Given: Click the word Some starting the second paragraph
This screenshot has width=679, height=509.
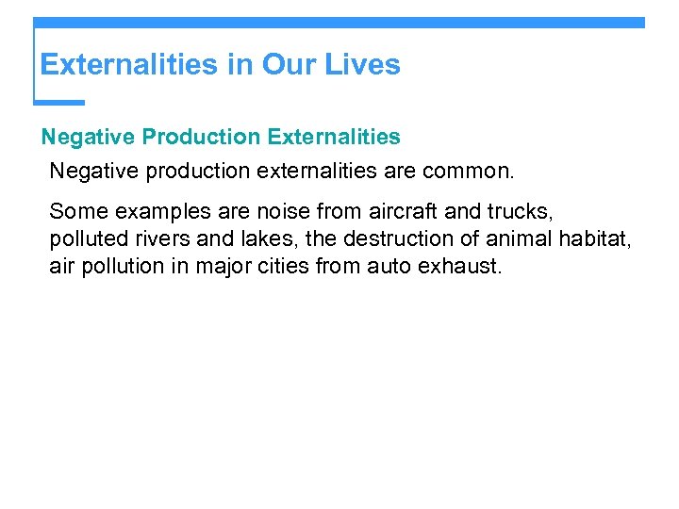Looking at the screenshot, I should coord(78,210).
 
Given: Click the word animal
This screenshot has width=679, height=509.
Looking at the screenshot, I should coord(519,238).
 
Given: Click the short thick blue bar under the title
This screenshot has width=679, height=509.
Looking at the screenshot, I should coord(58,102).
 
